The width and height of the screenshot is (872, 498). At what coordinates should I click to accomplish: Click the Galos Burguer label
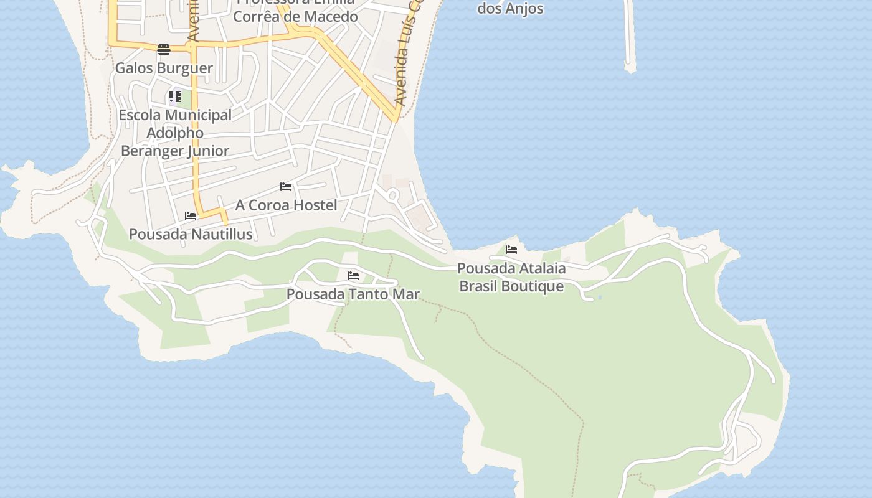click(x=164, y=68)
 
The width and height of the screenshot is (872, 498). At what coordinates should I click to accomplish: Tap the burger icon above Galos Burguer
click(x=164, y=50)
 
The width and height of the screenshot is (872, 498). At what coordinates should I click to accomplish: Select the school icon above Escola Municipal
click(x=175, y=97)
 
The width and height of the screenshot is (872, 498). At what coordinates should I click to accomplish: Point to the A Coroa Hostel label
click(x=286, y=205)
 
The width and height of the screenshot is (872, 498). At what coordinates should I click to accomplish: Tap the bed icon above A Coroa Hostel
click(x=286, y=187)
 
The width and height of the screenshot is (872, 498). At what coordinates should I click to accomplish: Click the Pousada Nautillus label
click(x=191, y=234)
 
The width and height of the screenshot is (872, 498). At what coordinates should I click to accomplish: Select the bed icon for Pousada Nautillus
click(x=191, y=216)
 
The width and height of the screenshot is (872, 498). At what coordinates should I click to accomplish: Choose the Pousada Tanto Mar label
click(x=353, y=294)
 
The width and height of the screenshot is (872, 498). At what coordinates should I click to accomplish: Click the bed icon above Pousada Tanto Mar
click(x=353, y=276)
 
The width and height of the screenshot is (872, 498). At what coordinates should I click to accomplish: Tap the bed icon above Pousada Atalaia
click(x=511, y=250)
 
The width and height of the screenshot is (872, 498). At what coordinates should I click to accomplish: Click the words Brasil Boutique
click(x=511, y=286)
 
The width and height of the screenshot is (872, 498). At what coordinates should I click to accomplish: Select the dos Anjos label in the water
click(x=510, y=9)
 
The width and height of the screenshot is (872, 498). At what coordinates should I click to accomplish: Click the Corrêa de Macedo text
click(x=295, y=16)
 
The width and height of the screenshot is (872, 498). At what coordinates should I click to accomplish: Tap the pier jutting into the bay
click(x=628, y=37)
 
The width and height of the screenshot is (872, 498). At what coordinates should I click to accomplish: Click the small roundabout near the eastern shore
click(x=392, y=195)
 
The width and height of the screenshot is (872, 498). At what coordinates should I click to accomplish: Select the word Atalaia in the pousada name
click(x=543, y=268)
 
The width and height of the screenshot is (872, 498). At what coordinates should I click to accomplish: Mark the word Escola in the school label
click(x=140, y=115)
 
